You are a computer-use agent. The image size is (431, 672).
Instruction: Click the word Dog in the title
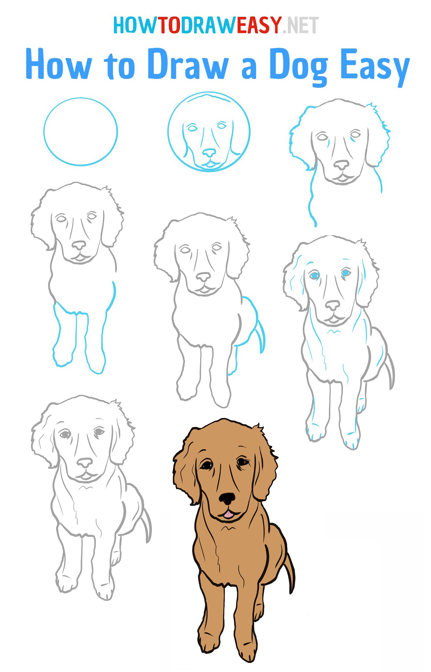[298, 65]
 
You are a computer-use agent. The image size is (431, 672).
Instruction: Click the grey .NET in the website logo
[301, 25]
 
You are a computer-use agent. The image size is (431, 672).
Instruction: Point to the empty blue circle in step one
[80, 132]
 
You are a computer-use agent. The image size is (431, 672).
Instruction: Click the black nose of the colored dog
[227, 499]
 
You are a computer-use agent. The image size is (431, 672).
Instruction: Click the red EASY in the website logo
[259, 25]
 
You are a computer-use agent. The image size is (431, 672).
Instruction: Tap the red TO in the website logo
[169, 25]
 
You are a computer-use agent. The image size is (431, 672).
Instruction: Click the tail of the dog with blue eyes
[390, 371]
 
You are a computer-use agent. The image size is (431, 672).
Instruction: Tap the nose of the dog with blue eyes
[332, 306]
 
